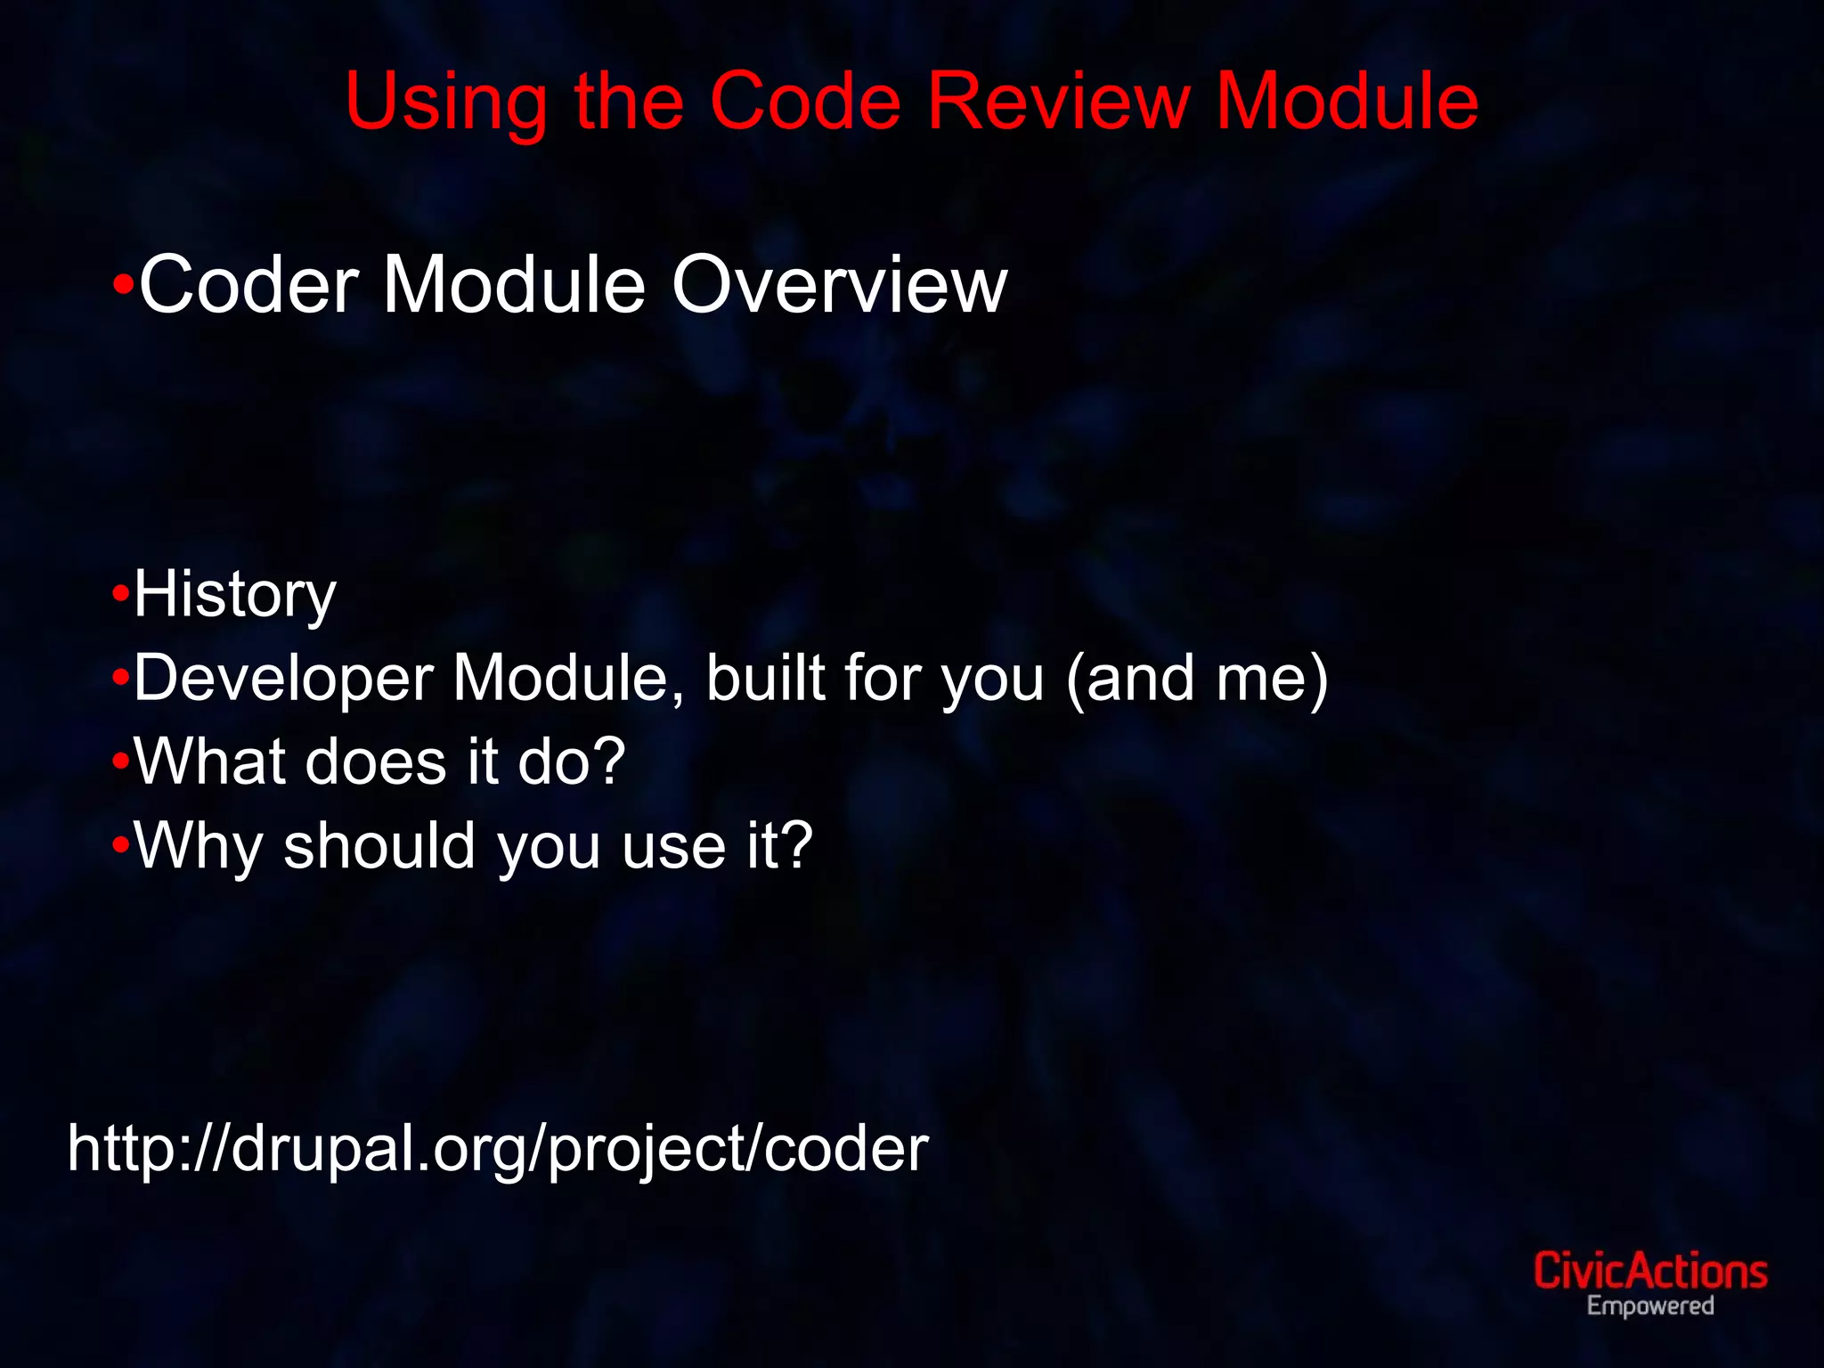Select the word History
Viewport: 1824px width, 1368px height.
235,595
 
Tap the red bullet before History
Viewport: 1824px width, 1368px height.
121,593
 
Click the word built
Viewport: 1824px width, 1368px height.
765,678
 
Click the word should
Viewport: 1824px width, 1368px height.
379,845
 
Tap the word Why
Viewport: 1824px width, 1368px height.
197,847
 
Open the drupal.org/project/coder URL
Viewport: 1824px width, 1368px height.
498,1149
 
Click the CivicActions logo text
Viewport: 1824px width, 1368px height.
1649,1271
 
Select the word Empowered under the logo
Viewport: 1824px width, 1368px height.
1649,1307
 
